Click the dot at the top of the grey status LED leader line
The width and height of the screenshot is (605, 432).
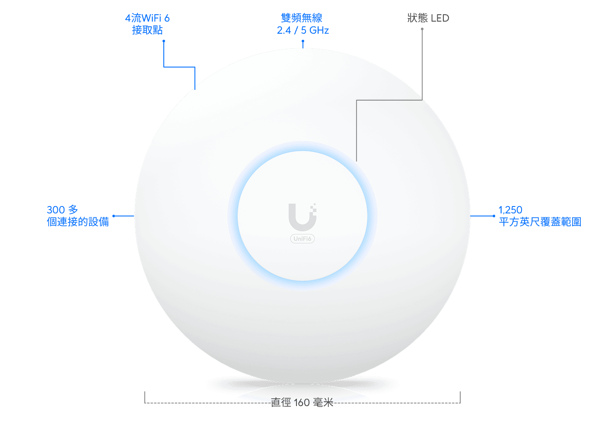pos(422,29)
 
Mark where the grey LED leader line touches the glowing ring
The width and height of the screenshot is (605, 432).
pos(357,161)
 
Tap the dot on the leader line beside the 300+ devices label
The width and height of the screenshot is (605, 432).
pos(114,216)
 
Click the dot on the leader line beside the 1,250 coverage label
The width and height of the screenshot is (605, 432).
pos(494,216)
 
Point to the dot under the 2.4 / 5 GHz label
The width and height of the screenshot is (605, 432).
pos(303,41)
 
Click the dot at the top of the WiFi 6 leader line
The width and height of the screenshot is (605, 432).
pos(164,41)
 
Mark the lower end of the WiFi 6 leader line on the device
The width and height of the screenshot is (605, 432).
pos(195,89)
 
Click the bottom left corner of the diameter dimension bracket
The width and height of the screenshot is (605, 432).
pos(145,403)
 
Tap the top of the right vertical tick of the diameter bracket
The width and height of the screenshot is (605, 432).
pos(460,392)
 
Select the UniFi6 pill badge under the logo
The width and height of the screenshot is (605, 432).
pos(302,238)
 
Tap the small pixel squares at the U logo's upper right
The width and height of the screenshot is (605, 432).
pos(313,208)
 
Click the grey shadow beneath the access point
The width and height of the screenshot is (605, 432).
pos(302,384)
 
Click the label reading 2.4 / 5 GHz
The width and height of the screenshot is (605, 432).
pos(303,30)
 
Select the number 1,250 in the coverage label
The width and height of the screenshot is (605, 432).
pos(510,210)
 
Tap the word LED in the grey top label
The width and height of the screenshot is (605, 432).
pos(440,18)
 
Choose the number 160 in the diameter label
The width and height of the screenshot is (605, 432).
pos(302,403)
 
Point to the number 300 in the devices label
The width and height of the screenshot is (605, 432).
pos(56,210)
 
